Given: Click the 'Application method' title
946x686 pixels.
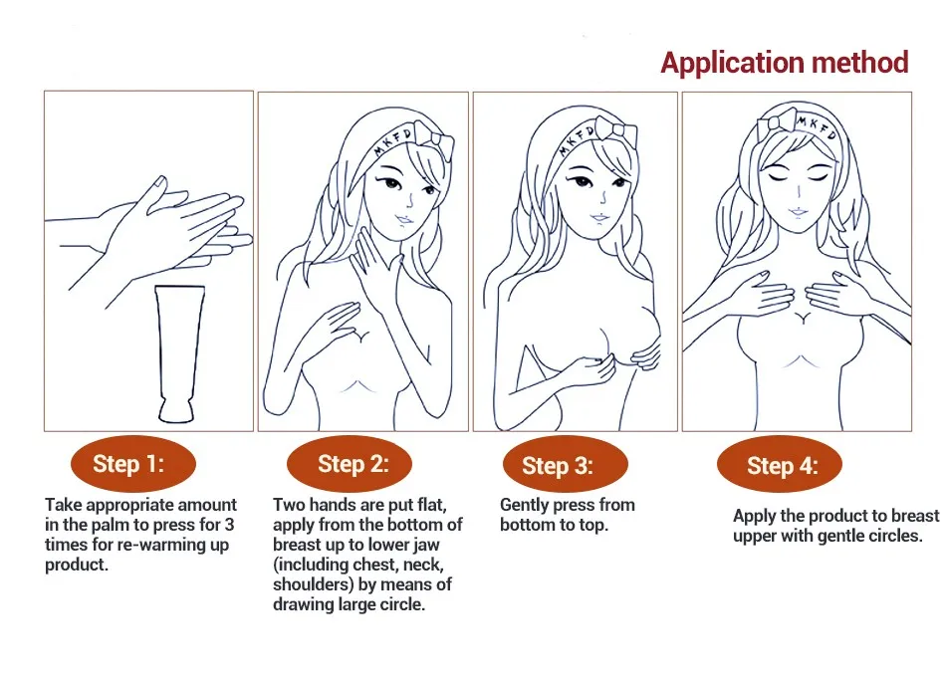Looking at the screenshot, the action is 785,63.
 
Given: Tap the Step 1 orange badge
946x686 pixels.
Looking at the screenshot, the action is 133,463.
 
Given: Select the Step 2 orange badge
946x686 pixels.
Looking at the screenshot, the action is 350,463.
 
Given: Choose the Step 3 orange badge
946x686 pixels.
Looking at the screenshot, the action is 566,465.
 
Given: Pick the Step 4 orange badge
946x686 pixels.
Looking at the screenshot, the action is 780,465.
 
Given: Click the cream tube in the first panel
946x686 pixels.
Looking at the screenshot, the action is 178,353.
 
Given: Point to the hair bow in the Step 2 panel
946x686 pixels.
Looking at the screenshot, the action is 435,141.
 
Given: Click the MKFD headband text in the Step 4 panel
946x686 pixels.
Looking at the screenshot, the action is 817,126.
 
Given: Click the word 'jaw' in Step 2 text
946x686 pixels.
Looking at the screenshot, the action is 426,545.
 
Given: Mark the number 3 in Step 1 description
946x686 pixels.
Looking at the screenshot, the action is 229,525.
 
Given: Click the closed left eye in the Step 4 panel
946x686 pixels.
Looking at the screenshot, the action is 779,177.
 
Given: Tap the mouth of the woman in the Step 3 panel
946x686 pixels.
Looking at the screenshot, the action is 599,217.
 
